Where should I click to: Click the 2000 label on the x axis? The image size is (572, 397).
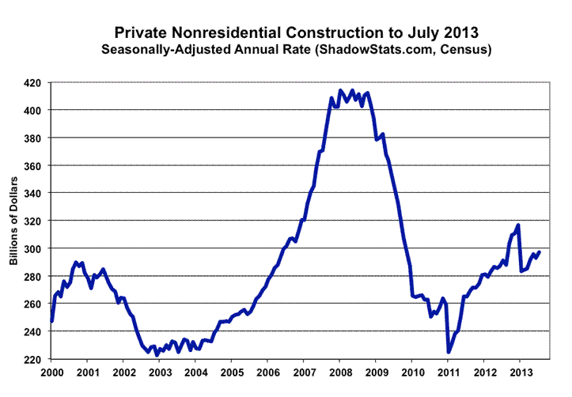[x=51, y=372]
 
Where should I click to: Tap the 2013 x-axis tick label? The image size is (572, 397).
[x=520, y=372]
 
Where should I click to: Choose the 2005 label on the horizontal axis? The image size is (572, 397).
[x=232, y=372]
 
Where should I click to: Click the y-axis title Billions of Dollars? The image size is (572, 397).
[x=13, y=221]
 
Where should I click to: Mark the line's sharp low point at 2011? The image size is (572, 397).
[x=449, y=352]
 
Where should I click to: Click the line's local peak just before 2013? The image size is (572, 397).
[x=518, y=225]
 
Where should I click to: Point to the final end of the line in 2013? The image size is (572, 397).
[x=540, y=252]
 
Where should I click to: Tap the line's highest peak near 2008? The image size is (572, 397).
[x=340, y=90]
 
